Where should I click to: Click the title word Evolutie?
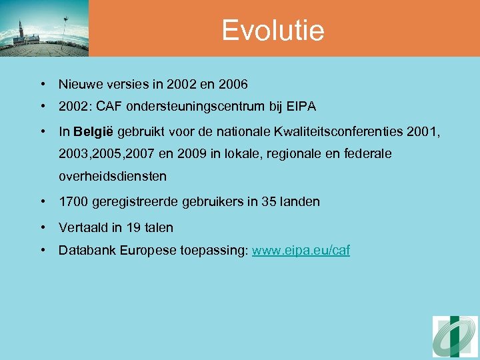[x=273, y=30]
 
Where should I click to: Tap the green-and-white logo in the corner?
[x=455, y=337]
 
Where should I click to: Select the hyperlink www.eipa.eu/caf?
[x=301, y=251]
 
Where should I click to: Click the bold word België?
[x=94, y=131]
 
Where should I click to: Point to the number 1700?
[x=72, y=201]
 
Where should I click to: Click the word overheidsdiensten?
[x=113, y=177]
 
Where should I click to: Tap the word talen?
[x=159, y=227]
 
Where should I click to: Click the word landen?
[x=301, y=201]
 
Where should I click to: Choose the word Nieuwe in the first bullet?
[x=79, y=85]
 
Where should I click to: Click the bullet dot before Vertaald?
[x=43, y=227]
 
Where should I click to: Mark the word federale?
[x=368, y=154]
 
